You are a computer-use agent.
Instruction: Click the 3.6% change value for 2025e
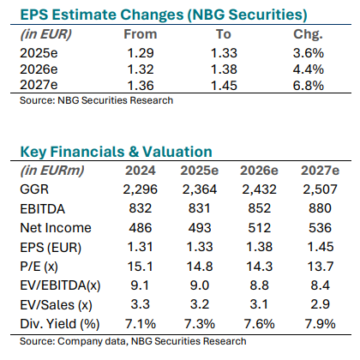pos(309,53)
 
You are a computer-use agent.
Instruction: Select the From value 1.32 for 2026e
pos(141,69)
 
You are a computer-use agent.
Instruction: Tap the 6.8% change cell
pos(309,86)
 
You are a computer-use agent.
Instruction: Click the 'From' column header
pos(141,34)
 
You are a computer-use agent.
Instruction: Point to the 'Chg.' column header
pos(308,35)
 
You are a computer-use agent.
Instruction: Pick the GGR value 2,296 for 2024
pos(141,189)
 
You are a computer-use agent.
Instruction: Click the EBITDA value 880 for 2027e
pos(320,208)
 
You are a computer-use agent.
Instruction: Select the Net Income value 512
pos(260,228)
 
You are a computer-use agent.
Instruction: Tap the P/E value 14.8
pos(200,267)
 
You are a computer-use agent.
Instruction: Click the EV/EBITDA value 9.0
pos(200,285)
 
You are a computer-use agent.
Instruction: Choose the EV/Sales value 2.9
pos(320,304)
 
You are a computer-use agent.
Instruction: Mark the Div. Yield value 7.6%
pos(260,324)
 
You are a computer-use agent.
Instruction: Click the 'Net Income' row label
pos(56,228)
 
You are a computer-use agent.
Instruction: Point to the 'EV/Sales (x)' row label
pos(56,305)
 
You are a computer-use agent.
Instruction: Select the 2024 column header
pos(141,171)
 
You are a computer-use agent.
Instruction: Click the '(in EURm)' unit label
pos(52,171)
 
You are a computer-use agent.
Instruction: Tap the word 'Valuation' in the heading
pos(177,152)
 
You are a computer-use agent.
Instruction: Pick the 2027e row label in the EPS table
pos(39,85)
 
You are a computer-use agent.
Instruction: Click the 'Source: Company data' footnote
pos(74,341)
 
